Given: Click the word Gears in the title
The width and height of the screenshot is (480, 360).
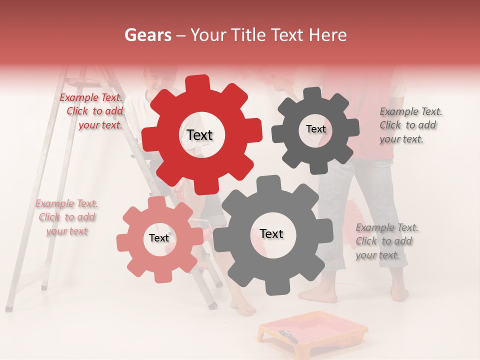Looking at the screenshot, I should (x=147, y=35).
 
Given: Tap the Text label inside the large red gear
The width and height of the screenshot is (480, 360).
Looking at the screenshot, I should (x=199, y=135).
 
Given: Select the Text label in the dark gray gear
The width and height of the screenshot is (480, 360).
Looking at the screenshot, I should (x=315, y=129).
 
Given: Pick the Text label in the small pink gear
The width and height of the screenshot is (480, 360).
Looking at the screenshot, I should (x=159, y=238).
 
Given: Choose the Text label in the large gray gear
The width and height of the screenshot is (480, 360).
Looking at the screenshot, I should (x=271, y=233).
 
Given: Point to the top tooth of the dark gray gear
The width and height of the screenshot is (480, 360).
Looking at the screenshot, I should (x=313, y=94).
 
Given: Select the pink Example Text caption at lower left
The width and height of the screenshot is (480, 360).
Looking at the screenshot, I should (x=67, y=217).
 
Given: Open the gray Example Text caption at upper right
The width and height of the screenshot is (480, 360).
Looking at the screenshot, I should (x=410, y=125).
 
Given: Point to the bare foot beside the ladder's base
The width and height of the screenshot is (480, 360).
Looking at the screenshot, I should (x=244, y=310).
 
